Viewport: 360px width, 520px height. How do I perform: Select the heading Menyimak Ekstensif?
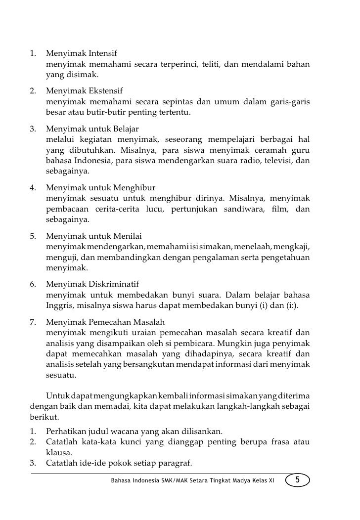pyautogui.click(x=84, y=91)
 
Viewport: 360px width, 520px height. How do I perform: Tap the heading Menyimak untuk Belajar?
pyautogui.click(x=92, y=129)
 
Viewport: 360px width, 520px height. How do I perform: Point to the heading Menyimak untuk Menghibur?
pyautogui.click(x=101, y=188)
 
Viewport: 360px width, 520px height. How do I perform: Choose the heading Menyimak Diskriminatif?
pyautogui.click(x=92, y=284)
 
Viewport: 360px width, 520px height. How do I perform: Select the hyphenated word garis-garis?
pyautogui.click(x=290, y=102)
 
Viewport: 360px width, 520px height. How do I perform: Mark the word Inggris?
pyautogui.click(x=59, y=306)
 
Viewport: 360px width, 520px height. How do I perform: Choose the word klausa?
pyautogui.click(x=59, y=452)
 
